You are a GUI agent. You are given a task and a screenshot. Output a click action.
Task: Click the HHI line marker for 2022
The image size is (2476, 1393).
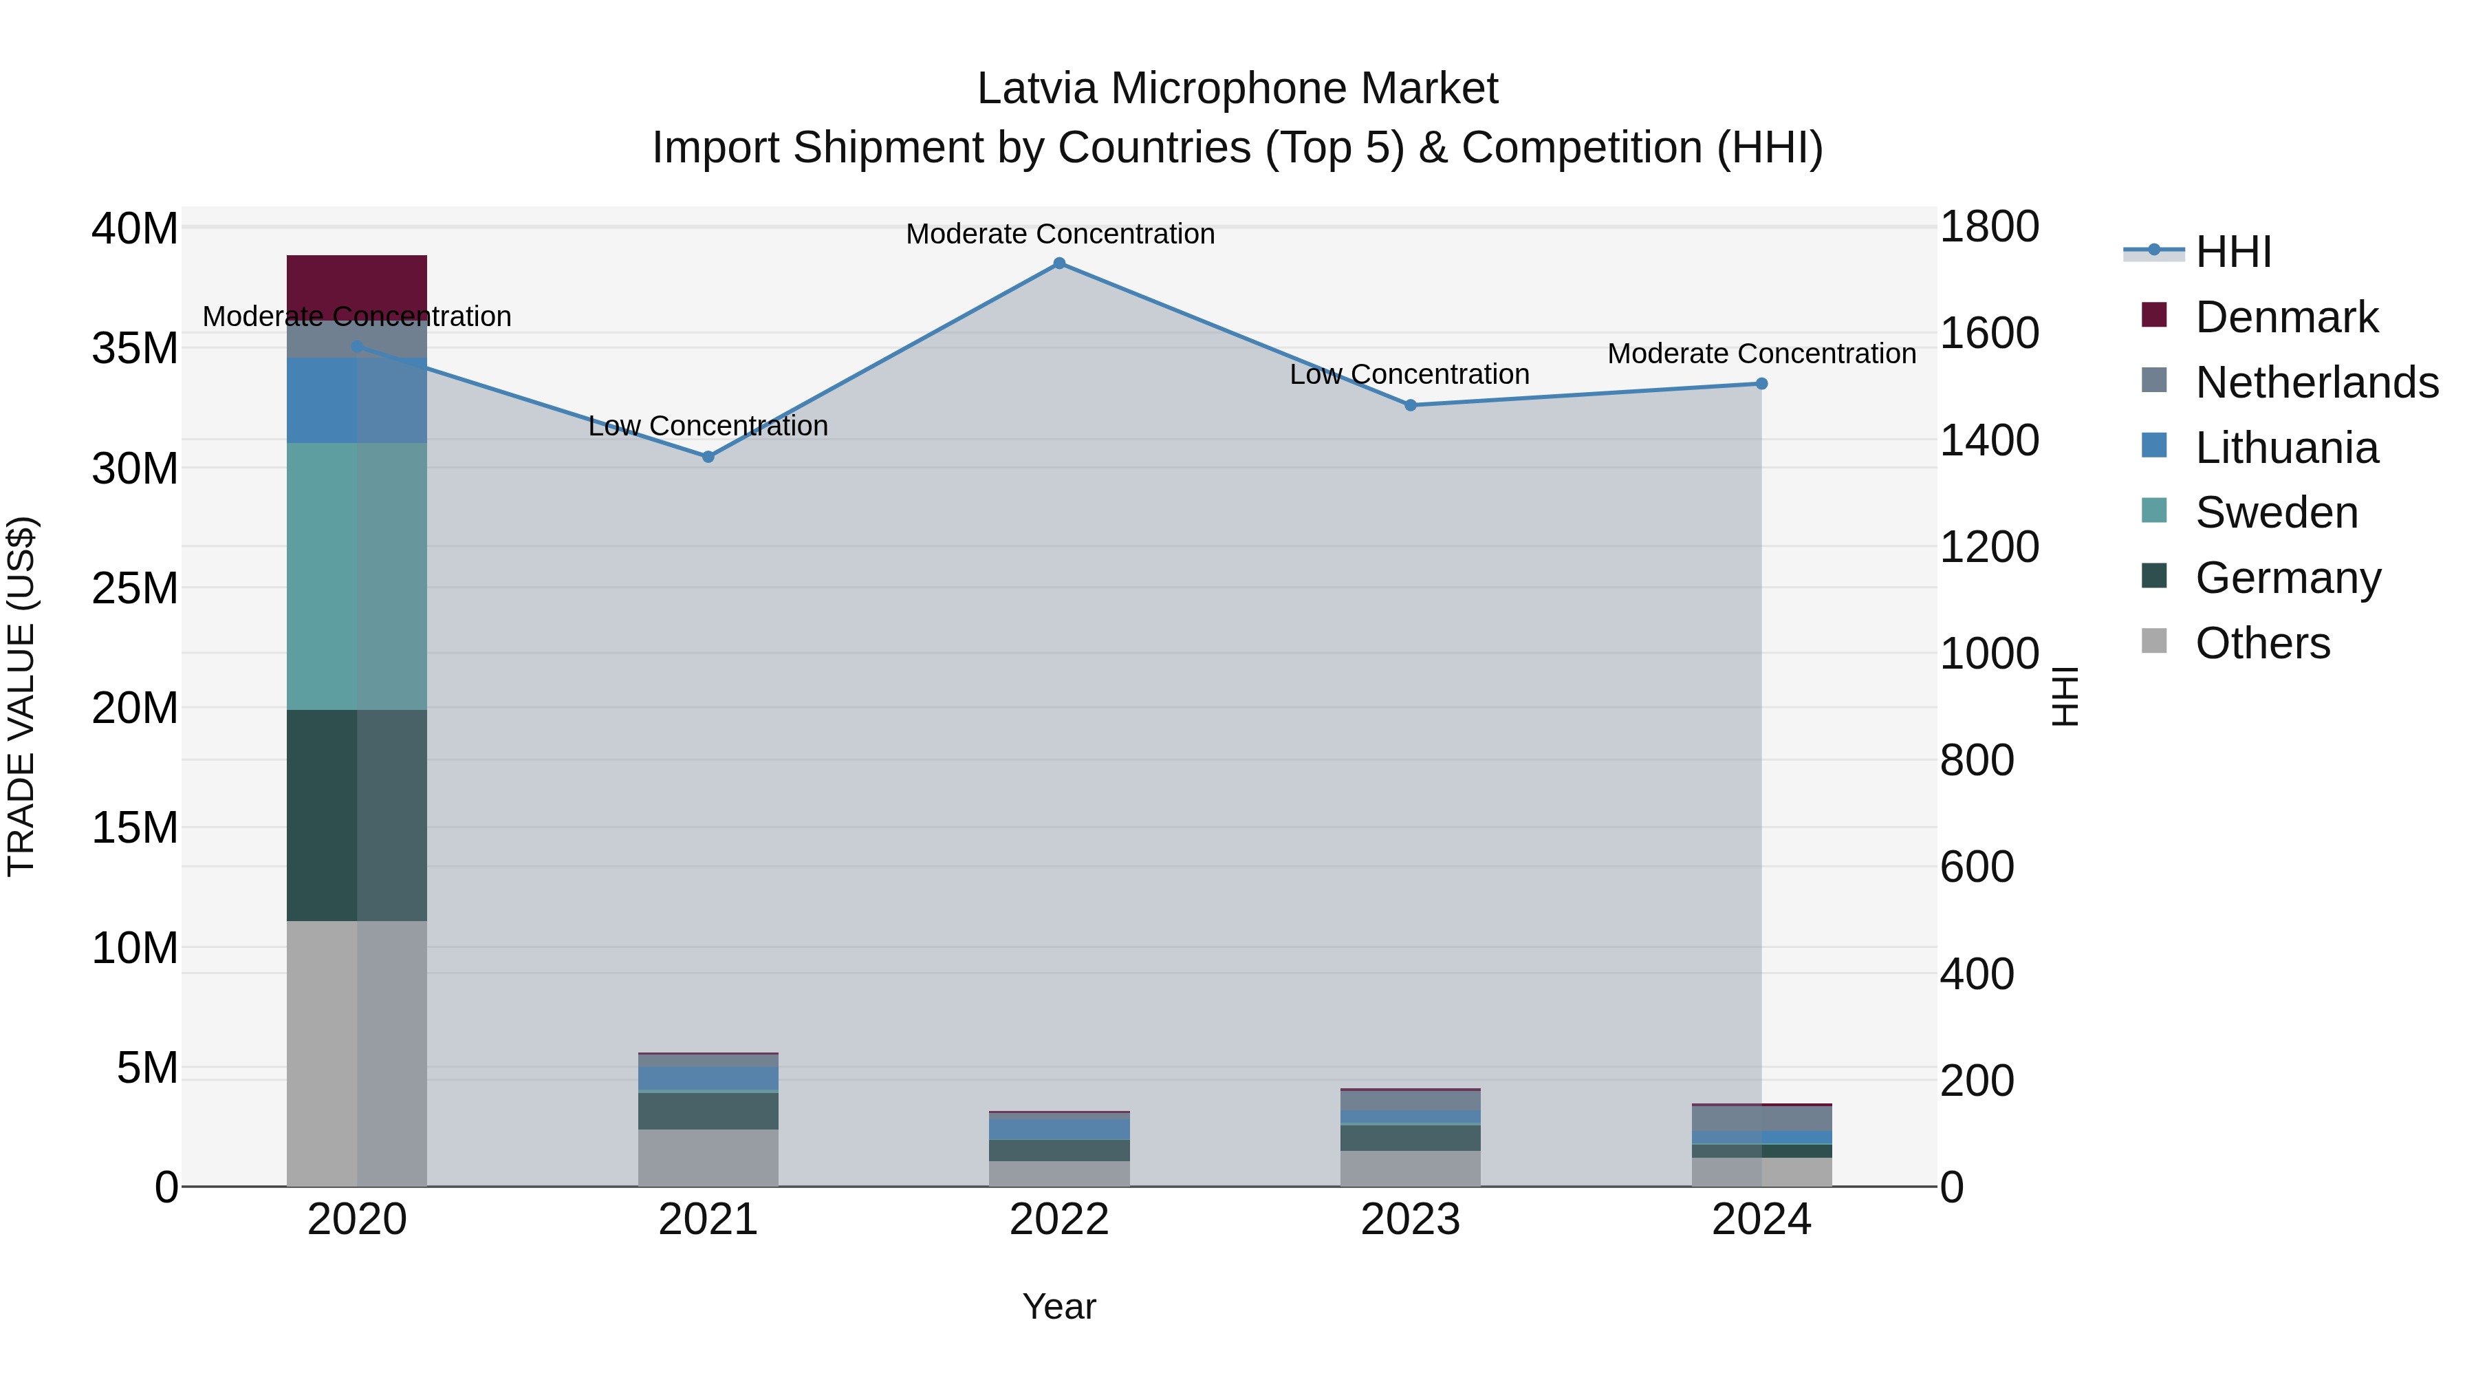[1059, 263]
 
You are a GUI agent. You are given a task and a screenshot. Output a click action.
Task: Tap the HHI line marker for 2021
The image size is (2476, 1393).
[708, 457]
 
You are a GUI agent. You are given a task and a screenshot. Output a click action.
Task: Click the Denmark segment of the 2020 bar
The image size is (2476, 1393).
[356, 285]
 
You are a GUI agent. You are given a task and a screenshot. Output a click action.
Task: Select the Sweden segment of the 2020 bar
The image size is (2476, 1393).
[356, 577]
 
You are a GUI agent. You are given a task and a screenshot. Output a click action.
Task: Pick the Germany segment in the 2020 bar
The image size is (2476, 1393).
[356, 815]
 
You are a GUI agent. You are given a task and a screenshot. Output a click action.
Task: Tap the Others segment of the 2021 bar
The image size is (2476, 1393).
[708, 1158]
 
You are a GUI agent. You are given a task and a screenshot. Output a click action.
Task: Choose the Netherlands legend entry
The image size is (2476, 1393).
[2316, 382]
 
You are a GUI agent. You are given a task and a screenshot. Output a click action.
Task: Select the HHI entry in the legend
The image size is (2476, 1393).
[2233, 252]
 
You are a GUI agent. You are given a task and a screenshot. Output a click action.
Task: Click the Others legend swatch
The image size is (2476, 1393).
[2154, 641]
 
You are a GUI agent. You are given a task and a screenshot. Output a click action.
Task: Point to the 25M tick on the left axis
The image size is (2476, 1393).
[135, 588]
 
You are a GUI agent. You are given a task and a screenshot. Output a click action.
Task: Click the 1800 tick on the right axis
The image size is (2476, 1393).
[1988, 228]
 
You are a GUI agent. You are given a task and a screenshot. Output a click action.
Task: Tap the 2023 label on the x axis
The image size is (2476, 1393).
[1410, 1220]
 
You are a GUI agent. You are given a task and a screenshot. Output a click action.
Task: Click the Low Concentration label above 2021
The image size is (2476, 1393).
[708, 426]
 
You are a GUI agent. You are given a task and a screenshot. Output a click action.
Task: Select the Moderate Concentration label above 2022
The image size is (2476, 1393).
[1060, 235]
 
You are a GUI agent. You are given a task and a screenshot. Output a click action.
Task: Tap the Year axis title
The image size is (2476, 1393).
[1059, 1306]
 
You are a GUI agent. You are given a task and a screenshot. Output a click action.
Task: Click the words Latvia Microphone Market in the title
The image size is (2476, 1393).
[1237, 89]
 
